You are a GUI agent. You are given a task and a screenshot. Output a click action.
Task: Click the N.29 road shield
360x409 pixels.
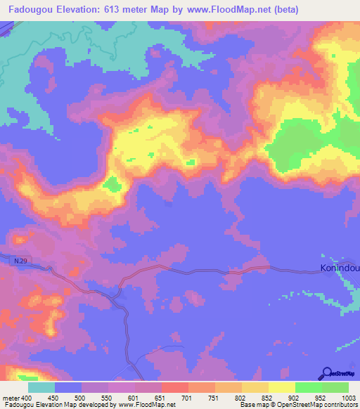click(20, 261)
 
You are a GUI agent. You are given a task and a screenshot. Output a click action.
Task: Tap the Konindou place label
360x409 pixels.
click(339, 268)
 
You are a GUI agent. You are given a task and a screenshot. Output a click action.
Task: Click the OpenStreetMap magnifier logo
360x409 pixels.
click(327, 373)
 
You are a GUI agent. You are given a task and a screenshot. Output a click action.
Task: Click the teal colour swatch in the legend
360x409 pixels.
click(41, 387)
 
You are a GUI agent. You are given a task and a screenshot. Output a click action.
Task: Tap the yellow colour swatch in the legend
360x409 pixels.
click(282, 387)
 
